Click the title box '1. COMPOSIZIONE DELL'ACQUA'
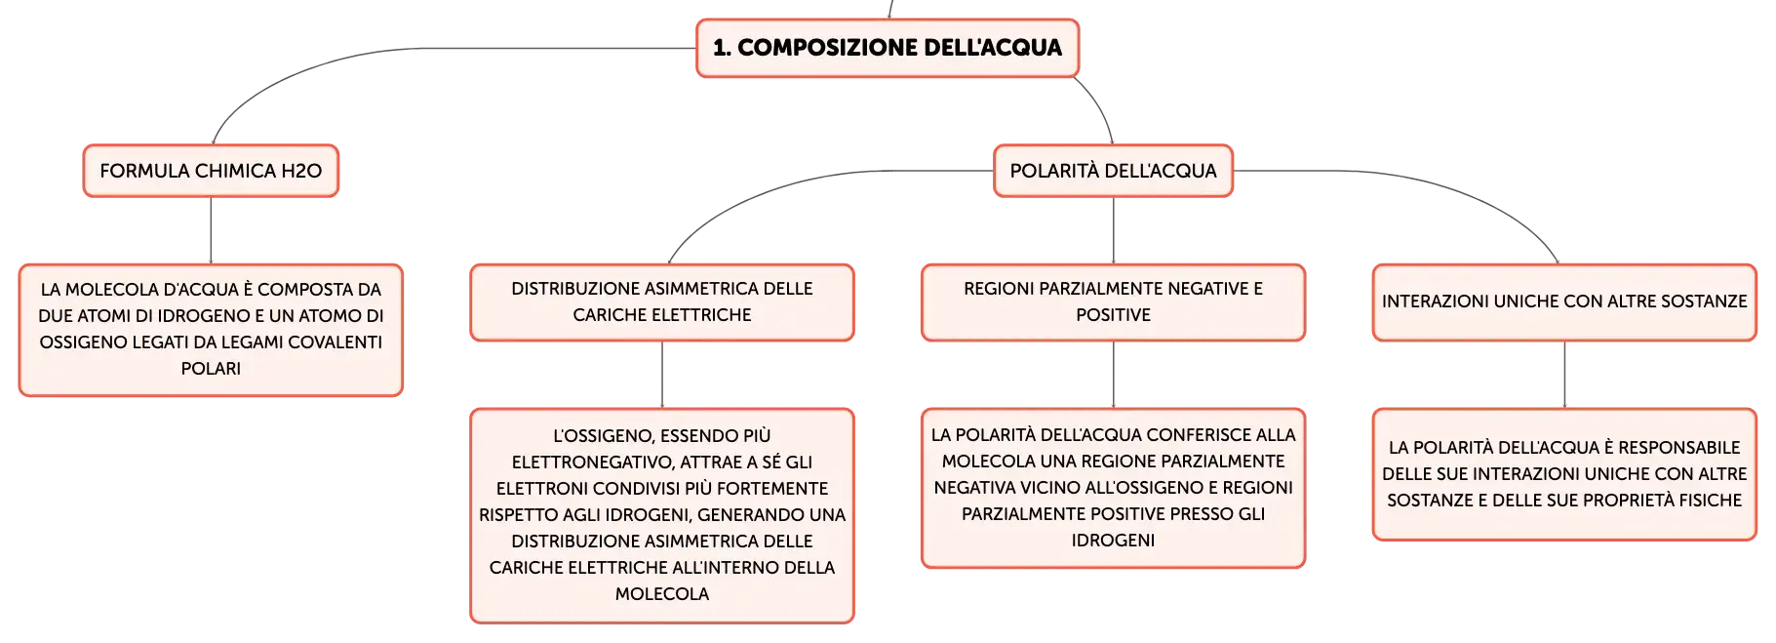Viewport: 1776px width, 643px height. click(888, 48)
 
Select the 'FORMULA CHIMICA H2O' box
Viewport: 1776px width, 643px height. click(211, 171)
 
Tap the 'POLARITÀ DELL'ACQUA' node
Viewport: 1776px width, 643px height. click(1113, 171)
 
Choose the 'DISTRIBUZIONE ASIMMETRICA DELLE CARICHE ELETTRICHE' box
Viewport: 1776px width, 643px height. click(662, 302)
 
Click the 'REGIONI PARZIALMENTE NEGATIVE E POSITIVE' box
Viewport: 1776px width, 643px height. click(1113, 302)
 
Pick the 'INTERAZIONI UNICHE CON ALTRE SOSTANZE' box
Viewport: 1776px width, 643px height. click(1564, 302)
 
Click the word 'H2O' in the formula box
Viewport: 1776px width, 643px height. click(301, 171)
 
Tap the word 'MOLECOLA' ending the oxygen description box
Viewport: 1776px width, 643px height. click(662, 594)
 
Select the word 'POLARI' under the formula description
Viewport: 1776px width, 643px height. click(211, 369)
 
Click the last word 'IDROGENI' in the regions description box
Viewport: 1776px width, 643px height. click(1113, 541)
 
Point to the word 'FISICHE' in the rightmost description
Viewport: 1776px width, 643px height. click(1706, 501)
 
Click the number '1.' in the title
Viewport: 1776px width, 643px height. click(722, 48)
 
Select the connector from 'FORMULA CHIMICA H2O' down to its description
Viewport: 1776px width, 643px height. click(211, 230)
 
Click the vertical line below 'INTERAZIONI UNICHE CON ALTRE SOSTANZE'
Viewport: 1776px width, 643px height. click(1564, 375)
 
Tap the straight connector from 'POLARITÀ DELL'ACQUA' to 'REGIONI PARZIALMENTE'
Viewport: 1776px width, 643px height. click(1113, 230)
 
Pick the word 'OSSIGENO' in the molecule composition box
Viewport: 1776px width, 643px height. click(81, 342)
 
